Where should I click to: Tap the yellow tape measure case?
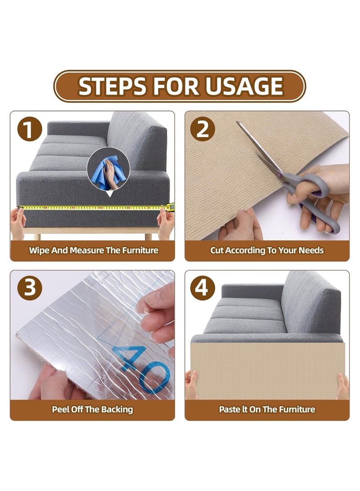170,207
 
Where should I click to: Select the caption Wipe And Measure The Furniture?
93,250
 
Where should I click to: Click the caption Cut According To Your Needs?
267,250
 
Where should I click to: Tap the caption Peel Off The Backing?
92,409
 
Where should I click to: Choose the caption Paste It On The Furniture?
267,409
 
